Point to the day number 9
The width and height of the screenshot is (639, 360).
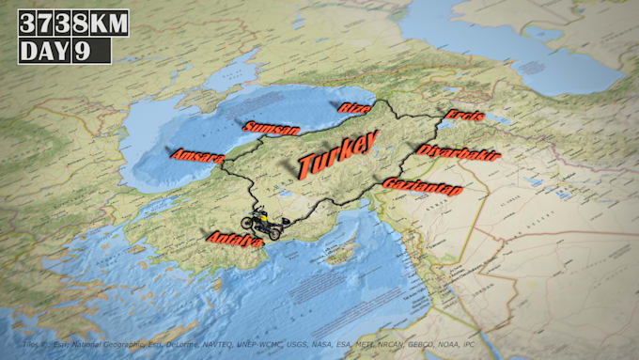point(82,51)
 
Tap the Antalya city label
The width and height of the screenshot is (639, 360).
point(234,240)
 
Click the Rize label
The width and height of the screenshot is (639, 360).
point(354,108)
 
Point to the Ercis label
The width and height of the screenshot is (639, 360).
point(464,116)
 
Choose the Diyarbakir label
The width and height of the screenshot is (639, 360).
point(458,152)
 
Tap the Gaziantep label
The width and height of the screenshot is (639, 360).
point(422,186)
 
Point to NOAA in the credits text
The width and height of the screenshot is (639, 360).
point(452,345)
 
